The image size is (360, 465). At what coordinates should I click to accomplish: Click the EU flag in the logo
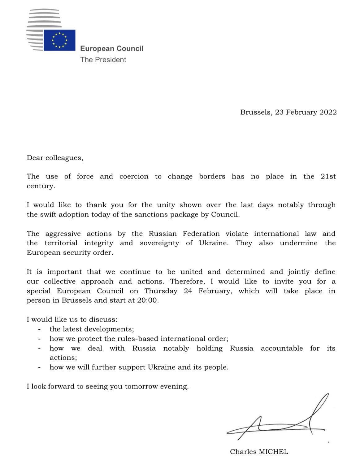[x=59, y=40]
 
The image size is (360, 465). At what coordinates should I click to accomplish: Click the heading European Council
[x=112, y=49]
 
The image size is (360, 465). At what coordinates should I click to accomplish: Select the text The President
[x=103, y=60]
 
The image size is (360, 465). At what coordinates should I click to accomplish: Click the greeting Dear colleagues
[x=55, y=158]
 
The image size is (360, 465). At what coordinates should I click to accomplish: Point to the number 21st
[x=328, y=177]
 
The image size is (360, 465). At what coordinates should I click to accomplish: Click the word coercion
[x=134, y=177]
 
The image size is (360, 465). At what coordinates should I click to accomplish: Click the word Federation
[x=201, y=234]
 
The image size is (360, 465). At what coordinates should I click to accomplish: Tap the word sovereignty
[x=159, y=243]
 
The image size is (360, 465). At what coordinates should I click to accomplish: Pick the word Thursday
[x=161, y=291]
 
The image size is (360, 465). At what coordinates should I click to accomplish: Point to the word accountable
[x=282, y=349]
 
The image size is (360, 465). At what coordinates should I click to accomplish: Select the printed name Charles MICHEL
[x=259, y=452]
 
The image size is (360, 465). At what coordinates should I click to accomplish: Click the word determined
[x=245, y=272]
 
